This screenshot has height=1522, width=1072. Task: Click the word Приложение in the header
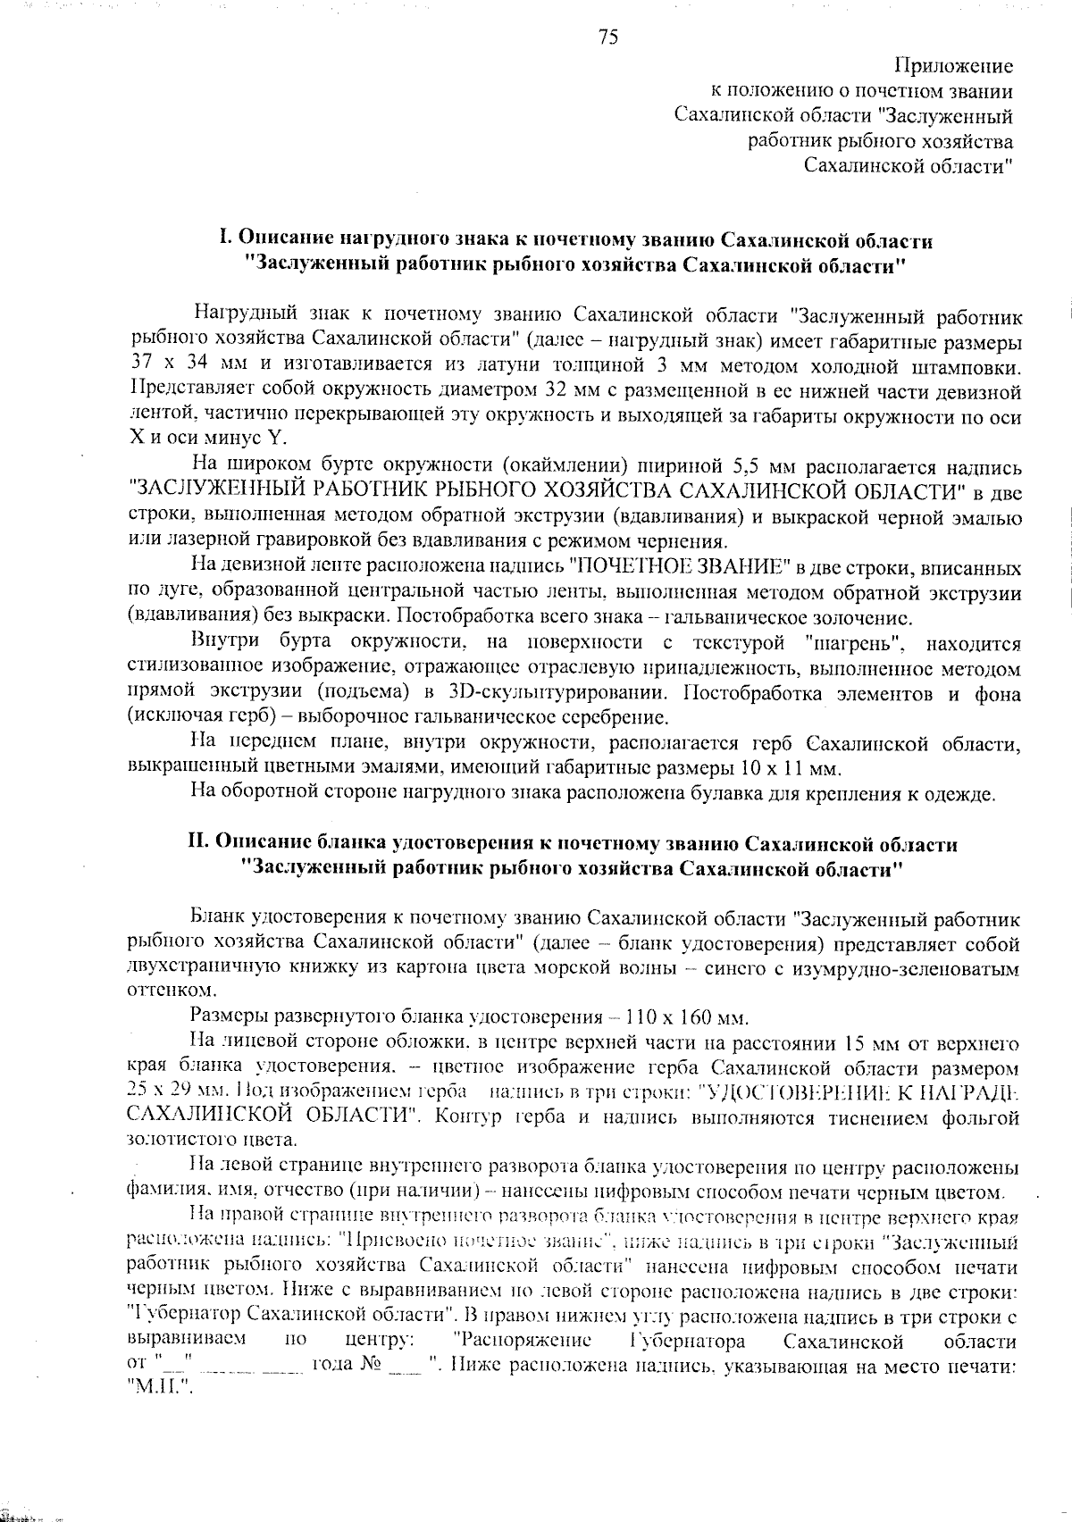click(953, 66)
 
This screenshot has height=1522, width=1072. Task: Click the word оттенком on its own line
click(159, 991)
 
